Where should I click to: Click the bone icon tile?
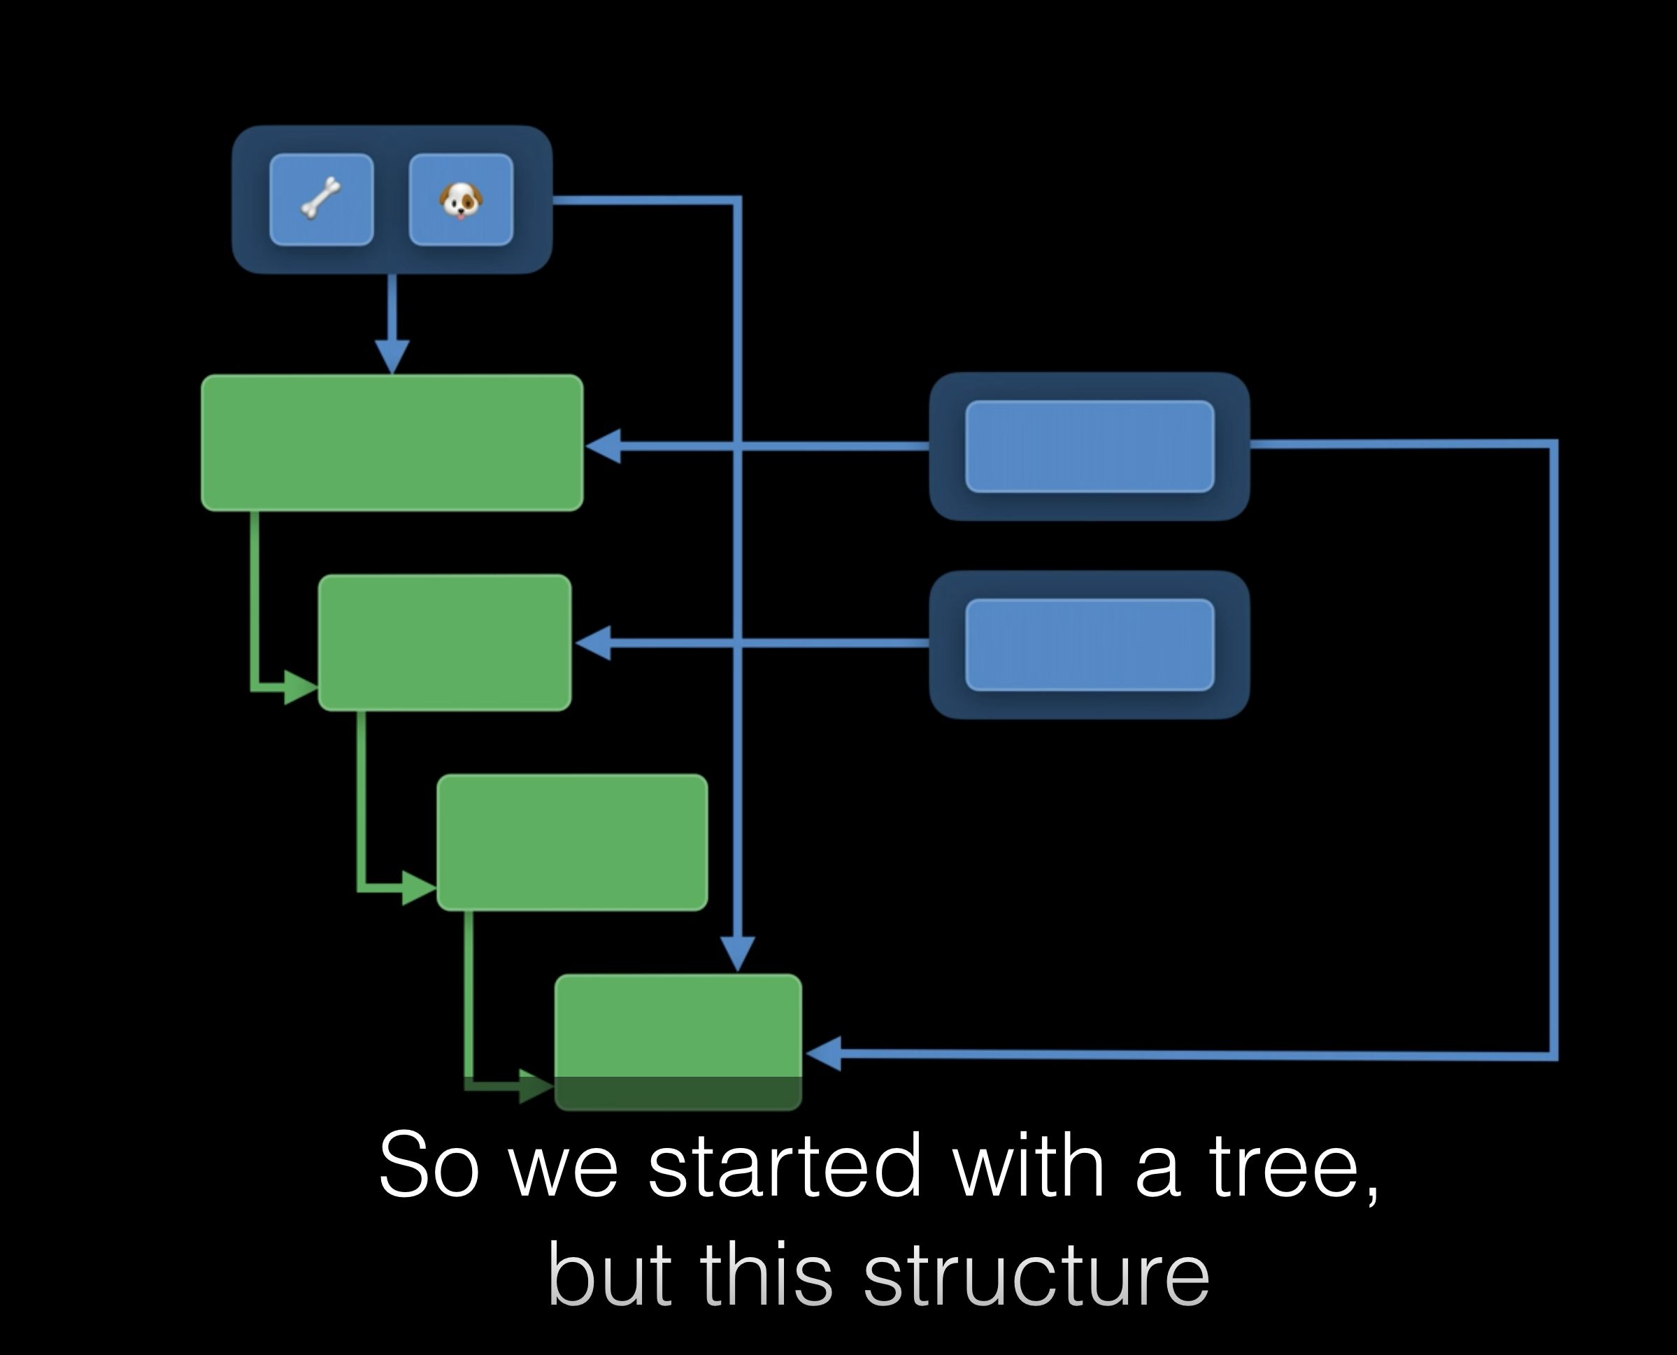tap(321, 200)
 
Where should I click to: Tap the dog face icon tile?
tap(461, 200)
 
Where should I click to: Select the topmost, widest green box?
tap(392, 443)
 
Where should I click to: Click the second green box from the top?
tap(444, 643)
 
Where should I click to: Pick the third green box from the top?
tap(572, 843)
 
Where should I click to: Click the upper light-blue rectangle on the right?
tap(1089, 447)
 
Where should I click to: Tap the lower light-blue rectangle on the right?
tap(1089, 645)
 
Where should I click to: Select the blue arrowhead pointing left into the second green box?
tap(593, 643)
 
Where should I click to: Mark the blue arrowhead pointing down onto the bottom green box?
tap(738, 953)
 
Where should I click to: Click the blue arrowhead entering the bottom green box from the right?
tap(824, 1054)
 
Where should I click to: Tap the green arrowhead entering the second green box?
tap(300, 688)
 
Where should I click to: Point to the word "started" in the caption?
tap(785, 1166)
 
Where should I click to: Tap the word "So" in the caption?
tap(428, 1166)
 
